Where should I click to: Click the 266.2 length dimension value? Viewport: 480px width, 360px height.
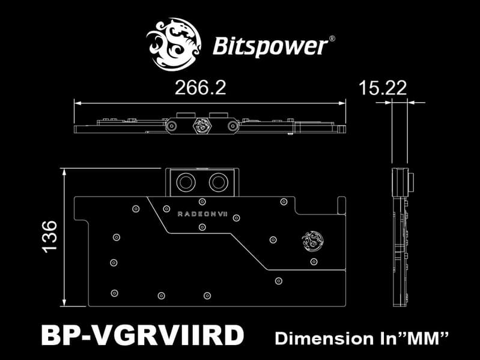[x=200, y=88]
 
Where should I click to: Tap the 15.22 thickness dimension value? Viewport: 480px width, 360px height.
[x=383, y=88]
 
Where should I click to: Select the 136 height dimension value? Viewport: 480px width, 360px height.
[x=50, y=237]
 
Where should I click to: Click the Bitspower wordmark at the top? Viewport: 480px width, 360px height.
[x=270, y=46]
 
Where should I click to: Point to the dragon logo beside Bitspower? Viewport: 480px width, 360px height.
[x=174, y=44]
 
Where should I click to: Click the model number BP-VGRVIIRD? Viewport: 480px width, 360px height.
[x=142, y=335]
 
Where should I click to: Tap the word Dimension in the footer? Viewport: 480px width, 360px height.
[x=324, y=338]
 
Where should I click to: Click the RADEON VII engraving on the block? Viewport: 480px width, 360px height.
[x=202, y=214]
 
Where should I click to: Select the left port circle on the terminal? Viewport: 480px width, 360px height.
[x=186, y=183]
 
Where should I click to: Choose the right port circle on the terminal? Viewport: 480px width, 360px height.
[x=218, y=183]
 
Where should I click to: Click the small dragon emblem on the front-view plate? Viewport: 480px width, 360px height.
[x=312, y=240]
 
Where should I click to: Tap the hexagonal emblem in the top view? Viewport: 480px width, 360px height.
[x=202, y=125]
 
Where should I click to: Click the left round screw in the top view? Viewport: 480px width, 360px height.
[x=171, y=126]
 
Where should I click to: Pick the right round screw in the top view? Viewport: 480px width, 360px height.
[x=233, y=126]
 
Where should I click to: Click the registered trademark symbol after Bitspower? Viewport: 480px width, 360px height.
[x=332, y=39]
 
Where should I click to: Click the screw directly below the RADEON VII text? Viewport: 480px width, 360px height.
[x=202, y=227]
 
